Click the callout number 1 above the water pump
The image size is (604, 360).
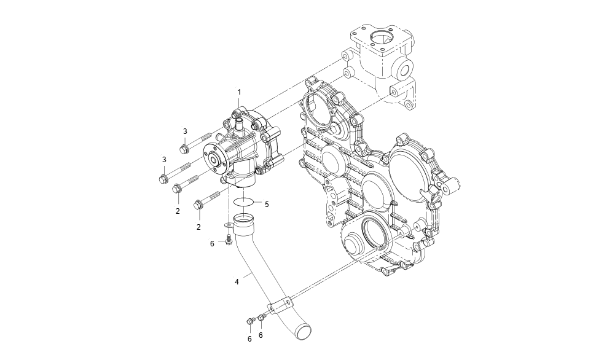click(x=239, y=92)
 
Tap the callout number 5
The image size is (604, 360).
click(x=267, y=203)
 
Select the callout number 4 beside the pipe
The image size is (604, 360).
click(x=237, y=282)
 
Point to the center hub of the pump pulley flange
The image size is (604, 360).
click(x=215, y=160)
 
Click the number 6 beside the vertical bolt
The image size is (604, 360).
click(x=213, y=244)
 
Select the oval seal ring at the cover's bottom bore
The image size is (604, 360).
click(x=374, y=234)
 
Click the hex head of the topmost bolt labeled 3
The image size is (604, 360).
click(x=183, y=149)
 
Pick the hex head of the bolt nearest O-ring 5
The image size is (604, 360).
click(x=198, y=206)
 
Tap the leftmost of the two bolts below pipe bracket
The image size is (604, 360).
click(x=250, y=321)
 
